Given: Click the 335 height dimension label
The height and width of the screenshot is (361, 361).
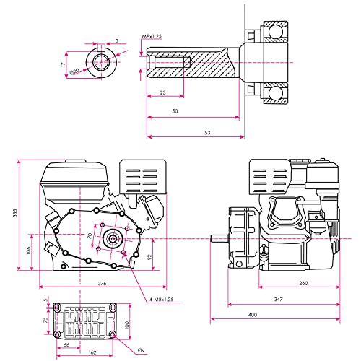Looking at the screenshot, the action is click(15, 213).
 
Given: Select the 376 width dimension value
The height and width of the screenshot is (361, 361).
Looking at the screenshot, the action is click(102, 283).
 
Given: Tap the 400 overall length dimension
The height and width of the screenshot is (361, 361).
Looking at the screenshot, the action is click(253, 315).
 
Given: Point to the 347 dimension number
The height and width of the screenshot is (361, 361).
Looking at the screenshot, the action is click(278, 300).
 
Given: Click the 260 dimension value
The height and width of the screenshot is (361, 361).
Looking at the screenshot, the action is click(303, 283).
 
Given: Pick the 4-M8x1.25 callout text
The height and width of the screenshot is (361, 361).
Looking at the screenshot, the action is click(161, 300).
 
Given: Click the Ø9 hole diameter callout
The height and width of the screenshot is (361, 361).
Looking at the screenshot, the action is click(142, 350).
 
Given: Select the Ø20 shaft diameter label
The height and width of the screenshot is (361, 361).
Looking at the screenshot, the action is click(74, 71).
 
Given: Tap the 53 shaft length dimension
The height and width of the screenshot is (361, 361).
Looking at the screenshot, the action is click(207, 132).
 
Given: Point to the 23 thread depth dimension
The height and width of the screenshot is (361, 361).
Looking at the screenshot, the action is click(163, 92).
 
